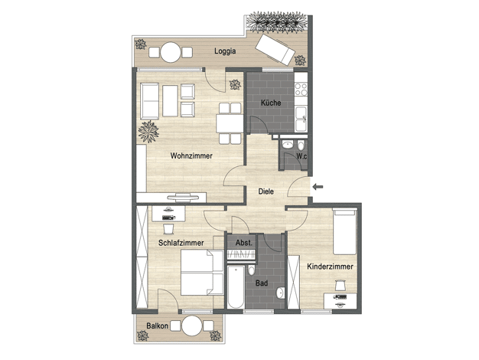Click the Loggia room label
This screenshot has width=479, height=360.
225,51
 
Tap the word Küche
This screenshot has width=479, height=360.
271,103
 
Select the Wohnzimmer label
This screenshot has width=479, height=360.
191,155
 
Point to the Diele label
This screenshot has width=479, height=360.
266,191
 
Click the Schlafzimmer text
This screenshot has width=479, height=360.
181,243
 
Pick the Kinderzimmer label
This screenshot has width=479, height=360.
330,267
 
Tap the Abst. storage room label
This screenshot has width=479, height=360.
244,243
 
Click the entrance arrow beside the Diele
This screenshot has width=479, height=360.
318,187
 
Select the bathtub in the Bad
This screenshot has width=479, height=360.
236,286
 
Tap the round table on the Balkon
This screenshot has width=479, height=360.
192,326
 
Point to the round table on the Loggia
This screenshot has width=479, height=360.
171,52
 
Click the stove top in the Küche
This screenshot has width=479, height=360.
301,89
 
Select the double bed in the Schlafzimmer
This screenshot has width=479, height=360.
202,273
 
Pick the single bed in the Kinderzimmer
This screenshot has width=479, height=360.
344,231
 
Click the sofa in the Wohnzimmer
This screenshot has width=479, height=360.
150,101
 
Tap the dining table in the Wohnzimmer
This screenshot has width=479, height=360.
230,123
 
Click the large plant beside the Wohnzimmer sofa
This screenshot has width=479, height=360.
148,132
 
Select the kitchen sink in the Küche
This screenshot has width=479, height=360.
301,119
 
